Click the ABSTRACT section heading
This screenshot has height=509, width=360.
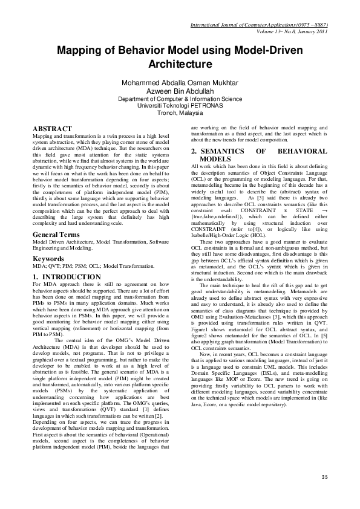point(52,129)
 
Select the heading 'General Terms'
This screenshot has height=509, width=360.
point(59,234)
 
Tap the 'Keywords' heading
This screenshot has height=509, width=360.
point(48,259)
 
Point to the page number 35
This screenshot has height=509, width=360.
point(324,478)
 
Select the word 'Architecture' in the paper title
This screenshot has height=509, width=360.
point(180,63)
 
